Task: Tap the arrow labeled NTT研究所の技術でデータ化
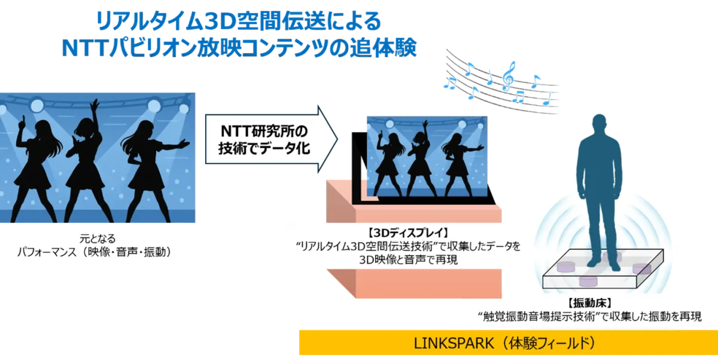click(271, 139)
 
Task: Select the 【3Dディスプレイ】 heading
click(408, 233)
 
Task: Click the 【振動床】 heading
click(590, 303)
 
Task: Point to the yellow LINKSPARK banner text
click(504, 343)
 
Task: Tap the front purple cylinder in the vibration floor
click(588, 282)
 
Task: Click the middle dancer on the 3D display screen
click(421, 158)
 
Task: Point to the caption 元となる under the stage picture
click(98, 239)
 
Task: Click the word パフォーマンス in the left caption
click(47, 252)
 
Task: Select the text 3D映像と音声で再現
click(408, 260)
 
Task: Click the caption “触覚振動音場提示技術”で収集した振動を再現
click(589, 316)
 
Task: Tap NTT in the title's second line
click(84, 48)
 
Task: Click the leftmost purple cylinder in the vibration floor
click(566, 267)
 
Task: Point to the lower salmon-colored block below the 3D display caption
click(414, 283)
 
